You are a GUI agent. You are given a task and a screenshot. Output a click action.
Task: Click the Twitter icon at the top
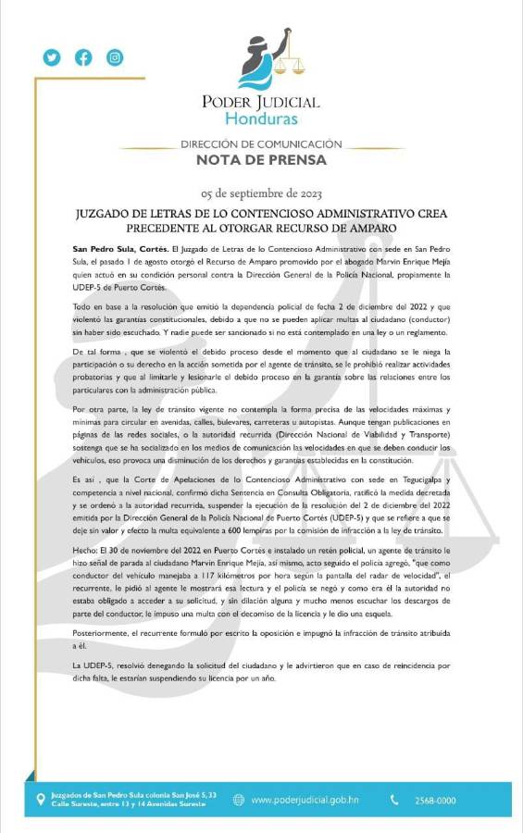click(51, 57)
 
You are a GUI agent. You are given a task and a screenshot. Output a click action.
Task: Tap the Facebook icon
click(83, 57)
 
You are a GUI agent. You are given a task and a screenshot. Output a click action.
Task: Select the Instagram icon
click(115, 57)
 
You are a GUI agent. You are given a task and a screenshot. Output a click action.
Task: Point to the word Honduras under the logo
click(262, 119)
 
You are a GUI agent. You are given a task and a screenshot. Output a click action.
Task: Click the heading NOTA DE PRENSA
click(262, 160)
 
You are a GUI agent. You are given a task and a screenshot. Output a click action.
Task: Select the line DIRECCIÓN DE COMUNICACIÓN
click(262, 144)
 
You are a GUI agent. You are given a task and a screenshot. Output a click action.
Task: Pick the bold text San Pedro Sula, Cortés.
click(119, 250)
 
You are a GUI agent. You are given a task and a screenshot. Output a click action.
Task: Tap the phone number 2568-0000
click(434, 800)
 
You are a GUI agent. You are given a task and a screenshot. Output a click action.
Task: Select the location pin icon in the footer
click(40, 799)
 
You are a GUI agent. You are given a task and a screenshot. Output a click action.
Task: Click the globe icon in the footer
click(239, 800)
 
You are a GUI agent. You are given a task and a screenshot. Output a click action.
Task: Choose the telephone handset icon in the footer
click(395, 800)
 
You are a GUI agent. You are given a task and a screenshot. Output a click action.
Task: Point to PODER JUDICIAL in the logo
click(262, 102)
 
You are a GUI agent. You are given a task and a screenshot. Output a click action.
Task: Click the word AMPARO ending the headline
click(345, 228)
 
